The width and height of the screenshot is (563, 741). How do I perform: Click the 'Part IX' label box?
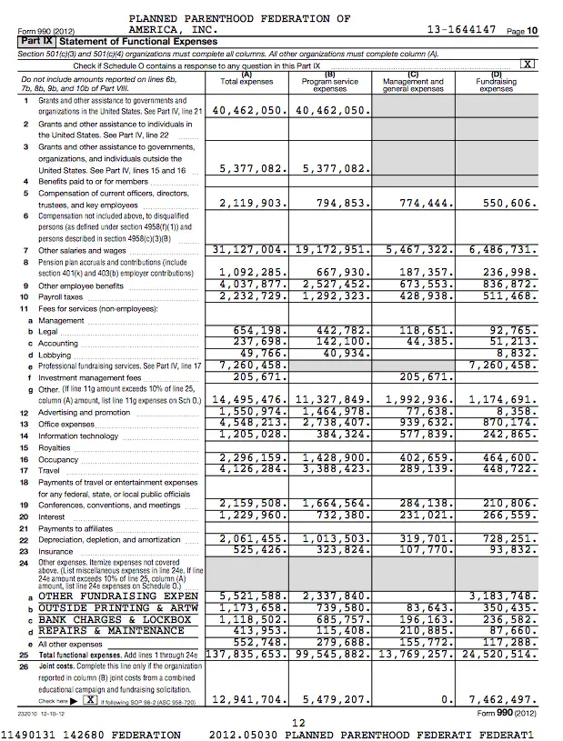34,42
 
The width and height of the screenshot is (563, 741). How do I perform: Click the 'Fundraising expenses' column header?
497,83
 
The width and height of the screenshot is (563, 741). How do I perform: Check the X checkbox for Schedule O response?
526,65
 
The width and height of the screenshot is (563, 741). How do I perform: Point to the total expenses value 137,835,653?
247,653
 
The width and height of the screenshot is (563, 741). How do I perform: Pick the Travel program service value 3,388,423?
330,469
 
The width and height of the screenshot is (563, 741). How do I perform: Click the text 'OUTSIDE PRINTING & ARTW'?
117,607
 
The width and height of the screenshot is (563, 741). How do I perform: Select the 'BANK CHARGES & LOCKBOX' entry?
115,619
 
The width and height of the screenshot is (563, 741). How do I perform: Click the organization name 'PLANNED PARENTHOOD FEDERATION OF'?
239,18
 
